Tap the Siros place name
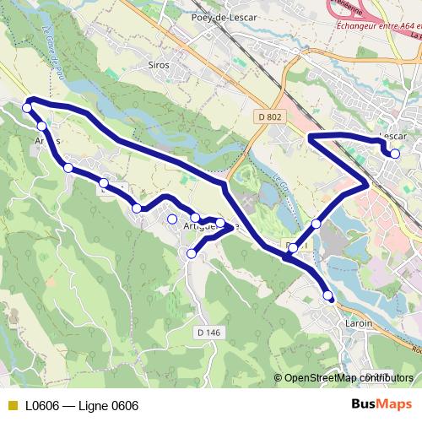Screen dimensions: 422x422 point(158,64)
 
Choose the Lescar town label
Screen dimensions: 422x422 point(393,136)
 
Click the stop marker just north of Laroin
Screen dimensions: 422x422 point(328,295)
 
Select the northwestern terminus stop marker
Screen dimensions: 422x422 point(28,107)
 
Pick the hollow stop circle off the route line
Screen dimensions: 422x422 point(172,219)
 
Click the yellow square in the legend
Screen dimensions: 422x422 point(11,405)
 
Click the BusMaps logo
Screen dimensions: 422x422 point(381,404)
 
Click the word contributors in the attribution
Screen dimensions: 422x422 point(388,377)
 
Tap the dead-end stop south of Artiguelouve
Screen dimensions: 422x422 point(192,253)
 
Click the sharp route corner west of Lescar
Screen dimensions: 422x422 point(311,136)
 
